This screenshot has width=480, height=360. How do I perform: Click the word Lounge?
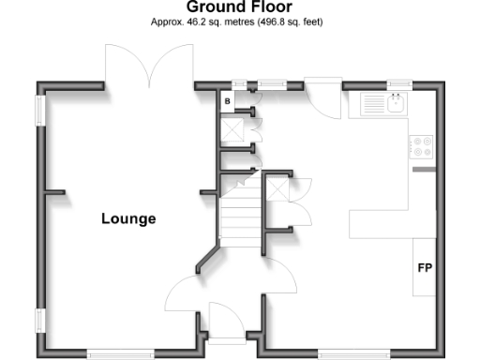coord(128,219)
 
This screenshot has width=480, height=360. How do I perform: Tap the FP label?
coord(425,268)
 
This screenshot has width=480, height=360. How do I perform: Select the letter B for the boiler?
coord(227,100)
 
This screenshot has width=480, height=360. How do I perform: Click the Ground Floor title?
coord(239,7)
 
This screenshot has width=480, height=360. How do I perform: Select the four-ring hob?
coord(422,146)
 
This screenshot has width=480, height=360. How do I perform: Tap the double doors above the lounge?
coord(149,66)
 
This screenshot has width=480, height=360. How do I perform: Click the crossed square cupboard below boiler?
coord(231,128)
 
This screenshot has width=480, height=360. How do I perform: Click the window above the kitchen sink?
coord(400,85)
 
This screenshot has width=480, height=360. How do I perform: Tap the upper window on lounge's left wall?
coord(40,108)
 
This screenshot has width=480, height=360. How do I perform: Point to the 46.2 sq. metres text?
coord(196,22)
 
